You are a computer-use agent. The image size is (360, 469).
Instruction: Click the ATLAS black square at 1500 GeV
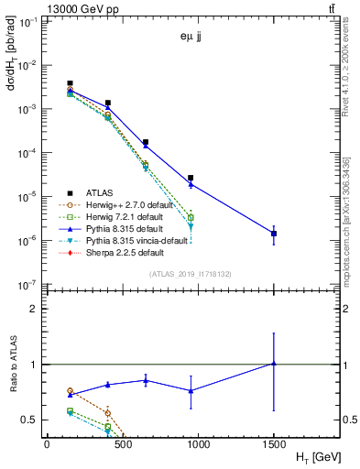tap(273, 234)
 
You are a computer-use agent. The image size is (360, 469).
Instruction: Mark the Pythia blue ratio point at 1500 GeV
tap(273, 364)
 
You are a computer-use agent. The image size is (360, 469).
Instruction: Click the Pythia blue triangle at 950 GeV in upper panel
tap(191, 184)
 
